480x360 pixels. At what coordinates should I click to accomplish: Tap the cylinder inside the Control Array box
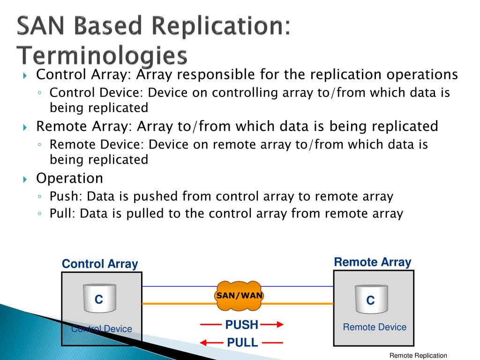[x=99, y=298]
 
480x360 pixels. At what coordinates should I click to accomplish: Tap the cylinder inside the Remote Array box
[x=370, y=299]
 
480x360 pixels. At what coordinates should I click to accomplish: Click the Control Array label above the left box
[x=100, y=264]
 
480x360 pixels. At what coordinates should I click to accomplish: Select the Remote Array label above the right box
[x=372, y=262]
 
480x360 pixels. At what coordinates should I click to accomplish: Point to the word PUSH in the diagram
[x=241, y=324]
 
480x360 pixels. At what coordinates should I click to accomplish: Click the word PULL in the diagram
[x=242, y=343]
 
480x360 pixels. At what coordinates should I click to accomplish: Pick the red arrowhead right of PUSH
[x=279, y=324]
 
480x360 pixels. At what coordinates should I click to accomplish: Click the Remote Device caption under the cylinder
[x=375, y=327]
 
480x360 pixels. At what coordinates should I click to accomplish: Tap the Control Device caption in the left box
[x=102, y=329]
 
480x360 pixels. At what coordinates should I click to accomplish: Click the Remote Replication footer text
[x=418, y=356]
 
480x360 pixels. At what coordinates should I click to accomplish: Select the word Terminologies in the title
[x=102, y=55]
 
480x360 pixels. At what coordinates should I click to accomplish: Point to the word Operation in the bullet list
[x=70, y=178]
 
